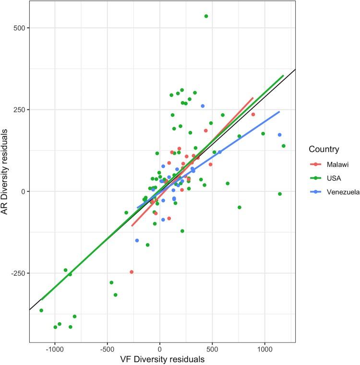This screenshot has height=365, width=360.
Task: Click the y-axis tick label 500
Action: (19, 28)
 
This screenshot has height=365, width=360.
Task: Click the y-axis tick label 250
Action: (19, 109)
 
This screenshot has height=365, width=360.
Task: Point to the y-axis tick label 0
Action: (22, 191)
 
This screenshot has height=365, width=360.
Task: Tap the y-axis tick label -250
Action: (18, 273)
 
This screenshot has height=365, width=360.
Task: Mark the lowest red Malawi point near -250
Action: (132, 272)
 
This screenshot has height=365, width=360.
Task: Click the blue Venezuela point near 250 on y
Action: (203, 106)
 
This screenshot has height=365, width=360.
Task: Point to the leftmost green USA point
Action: (41, 310)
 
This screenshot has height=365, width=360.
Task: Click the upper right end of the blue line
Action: (279, 112)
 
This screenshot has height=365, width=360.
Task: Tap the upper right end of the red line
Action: (253, 98)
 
